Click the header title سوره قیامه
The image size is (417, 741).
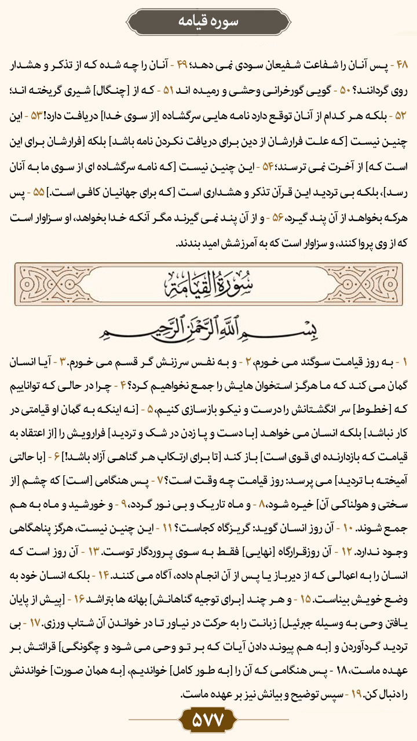pyautogui.click(x=208, y=21)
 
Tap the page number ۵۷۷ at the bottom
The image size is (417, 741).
pyautogui.click(x=208, y=721)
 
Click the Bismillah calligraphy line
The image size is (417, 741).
pyautogui.click(x=209, y=328)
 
